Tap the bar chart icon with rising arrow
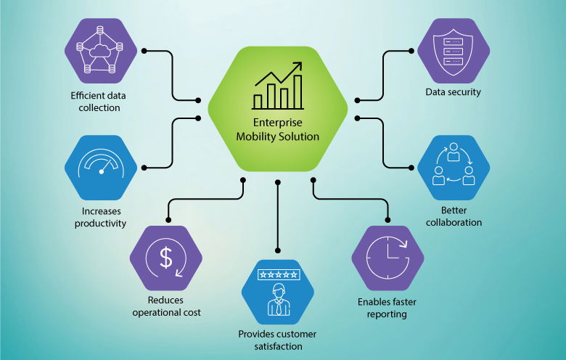pyautogui.click(x=278, y=86)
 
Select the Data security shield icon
pyautogui.click(x=453, y=50)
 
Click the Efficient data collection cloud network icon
pyautogui.click(x=102, y=50)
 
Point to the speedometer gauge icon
pyautogui.click(x=101, y=167)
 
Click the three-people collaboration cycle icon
pyautogui.click(x=453, y=167)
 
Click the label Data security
pyautogui.click(x=453, y=92)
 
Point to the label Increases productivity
pyautogui.click(x=101, y=217)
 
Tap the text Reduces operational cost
pyautogui.click(x=166, y=306)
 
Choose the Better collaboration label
pyautogui.click(x=453, y=216)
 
